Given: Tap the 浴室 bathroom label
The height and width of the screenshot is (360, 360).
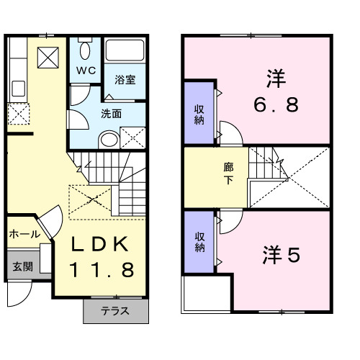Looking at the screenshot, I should click(x=125, y=79).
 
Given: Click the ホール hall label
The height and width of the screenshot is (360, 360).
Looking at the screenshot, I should click(x=24, y=235).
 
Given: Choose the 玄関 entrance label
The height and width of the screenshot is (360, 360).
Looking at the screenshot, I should click(x=22, y=266).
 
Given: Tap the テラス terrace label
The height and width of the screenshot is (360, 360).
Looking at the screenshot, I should click(x=114, y=312).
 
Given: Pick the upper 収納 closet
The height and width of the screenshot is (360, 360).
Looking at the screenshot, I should click(x=199, y=114).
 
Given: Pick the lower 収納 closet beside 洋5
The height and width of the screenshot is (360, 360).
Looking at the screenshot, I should click(x=199, y=241).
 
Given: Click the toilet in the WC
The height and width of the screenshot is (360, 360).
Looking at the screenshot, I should click(x=86, y=51).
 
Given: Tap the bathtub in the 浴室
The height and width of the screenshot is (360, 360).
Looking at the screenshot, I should click(x=125, y=50).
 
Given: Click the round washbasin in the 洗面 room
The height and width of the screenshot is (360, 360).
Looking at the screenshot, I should click(x=108, y=139).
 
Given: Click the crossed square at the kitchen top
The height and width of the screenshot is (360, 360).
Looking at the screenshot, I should click(x=48, y=56).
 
